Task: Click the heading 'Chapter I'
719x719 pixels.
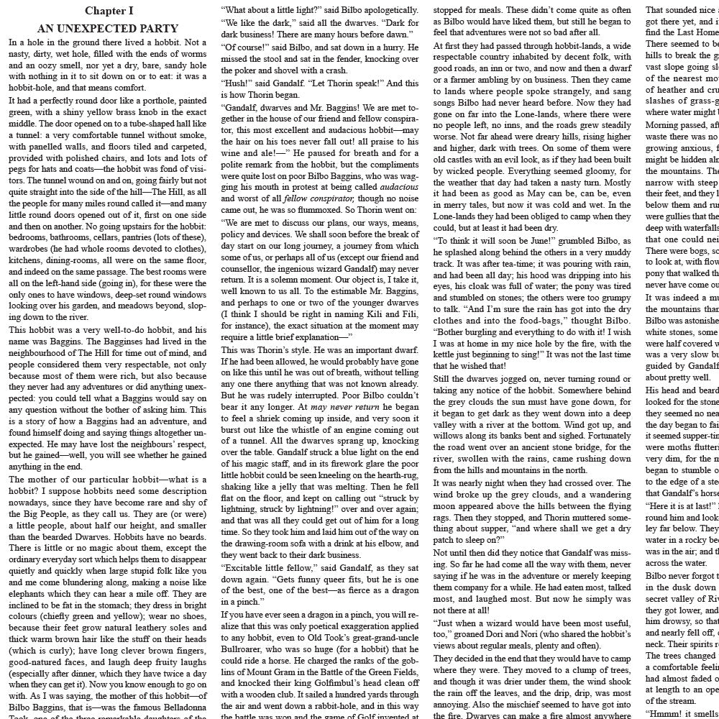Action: tap(109, 11)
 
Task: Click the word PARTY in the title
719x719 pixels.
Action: tap(157, 29)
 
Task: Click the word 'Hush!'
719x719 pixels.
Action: tap(238, 83)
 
